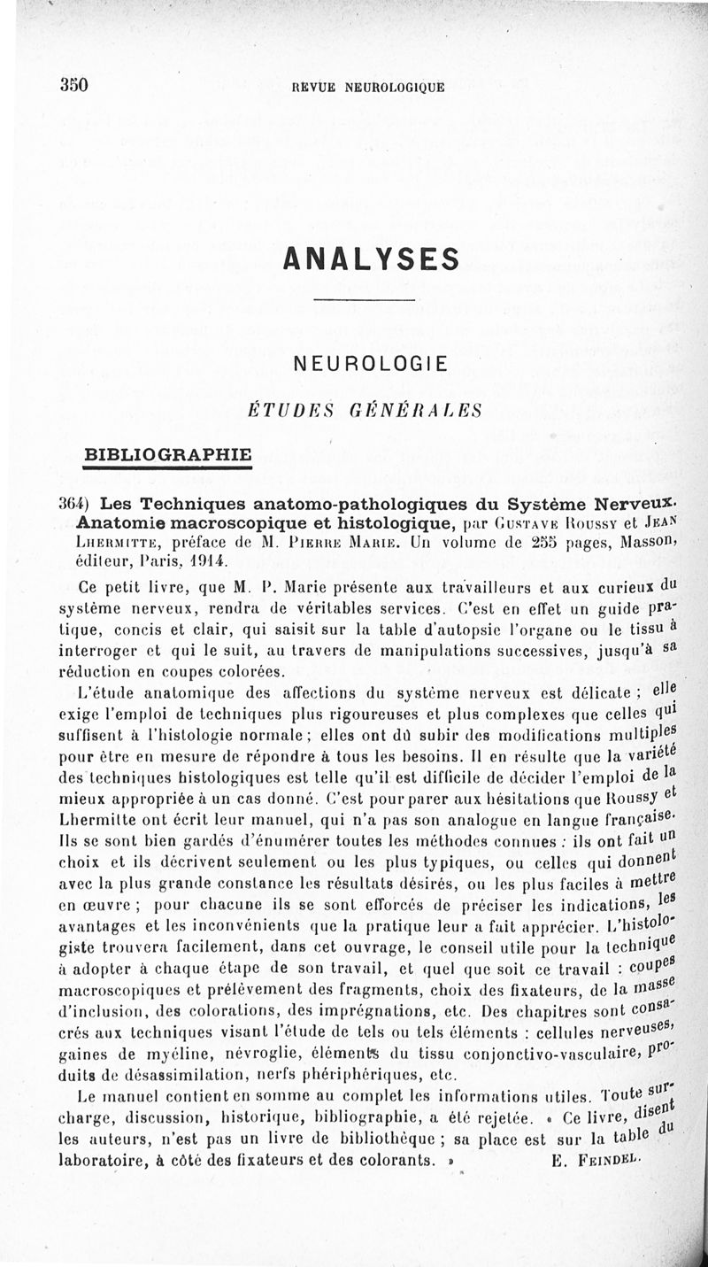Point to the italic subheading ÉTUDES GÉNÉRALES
365,411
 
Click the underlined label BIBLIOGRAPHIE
166,454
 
